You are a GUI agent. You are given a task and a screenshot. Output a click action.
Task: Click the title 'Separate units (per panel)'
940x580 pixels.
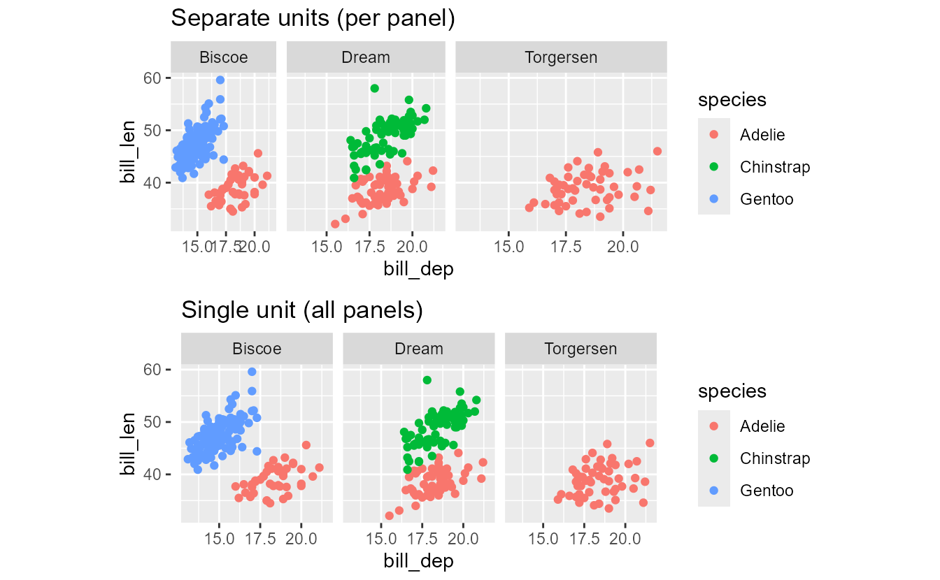click(313, 19)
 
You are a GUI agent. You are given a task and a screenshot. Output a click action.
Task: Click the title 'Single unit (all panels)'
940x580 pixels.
click(302, 310)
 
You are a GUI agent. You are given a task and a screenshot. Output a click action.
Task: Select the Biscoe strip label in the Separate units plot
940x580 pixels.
click(224, 57)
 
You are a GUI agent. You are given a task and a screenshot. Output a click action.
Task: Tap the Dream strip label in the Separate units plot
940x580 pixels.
click(365, 57)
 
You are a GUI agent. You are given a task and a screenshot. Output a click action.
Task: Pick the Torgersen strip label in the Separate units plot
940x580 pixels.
click(561, 57)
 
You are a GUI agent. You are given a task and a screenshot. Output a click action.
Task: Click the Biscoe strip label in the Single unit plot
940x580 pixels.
click(257, 348)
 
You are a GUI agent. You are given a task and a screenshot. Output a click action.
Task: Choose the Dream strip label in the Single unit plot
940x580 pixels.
click(418, 348)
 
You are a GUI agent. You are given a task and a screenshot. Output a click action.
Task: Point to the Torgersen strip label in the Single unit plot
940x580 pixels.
click(581, 348)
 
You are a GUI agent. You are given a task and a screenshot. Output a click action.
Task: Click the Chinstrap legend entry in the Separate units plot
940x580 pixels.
click(774, 167)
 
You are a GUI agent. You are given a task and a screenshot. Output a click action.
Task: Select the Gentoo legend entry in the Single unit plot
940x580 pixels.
click(766, 491)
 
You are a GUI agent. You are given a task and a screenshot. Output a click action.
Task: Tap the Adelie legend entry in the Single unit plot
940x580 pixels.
click(762, 426)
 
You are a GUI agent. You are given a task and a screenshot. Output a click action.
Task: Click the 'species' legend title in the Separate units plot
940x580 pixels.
click(732, 100)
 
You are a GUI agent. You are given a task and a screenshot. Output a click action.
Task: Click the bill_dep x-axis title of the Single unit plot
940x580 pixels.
click(418, 560)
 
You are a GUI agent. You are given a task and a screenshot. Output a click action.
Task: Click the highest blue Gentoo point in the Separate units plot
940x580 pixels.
click(220, 80)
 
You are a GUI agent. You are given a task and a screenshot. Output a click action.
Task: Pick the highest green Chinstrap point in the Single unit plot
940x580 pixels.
click(427, 380)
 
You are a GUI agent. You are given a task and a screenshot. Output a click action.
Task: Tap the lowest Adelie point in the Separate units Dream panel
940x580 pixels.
click(335, 224)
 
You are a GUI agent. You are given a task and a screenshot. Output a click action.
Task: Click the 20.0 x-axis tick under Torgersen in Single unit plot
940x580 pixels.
click(625, 539)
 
